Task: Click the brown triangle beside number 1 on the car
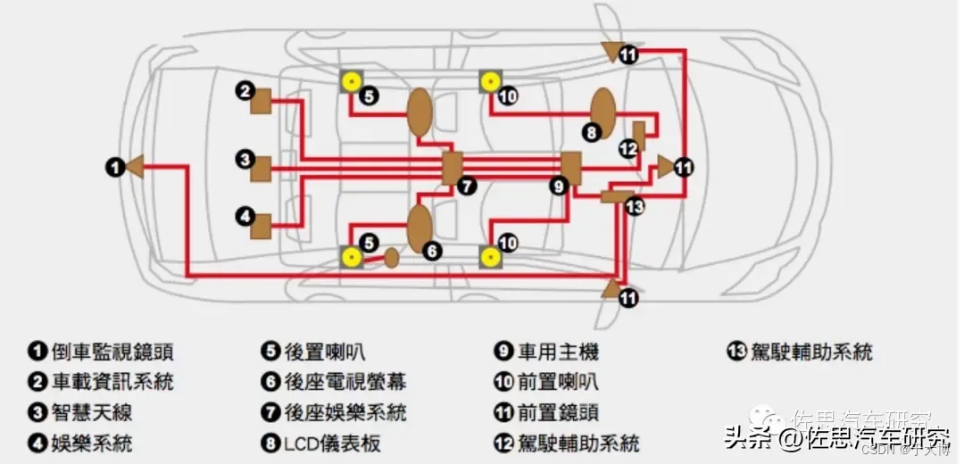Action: [136, 166]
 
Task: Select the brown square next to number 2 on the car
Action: [261, 103]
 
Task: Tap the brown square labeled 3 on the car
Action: [261, 167]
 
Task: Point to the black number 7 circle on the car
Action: [467, 186]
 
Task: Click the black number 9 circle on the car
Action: [559, 186]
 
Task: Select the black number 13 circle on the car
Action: [635, 206]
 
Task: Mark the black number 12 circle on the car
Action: [627, 148]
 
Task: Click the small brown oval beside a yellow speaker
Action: [391, 258]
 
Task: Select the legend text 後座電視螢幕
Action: [345, 383]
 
